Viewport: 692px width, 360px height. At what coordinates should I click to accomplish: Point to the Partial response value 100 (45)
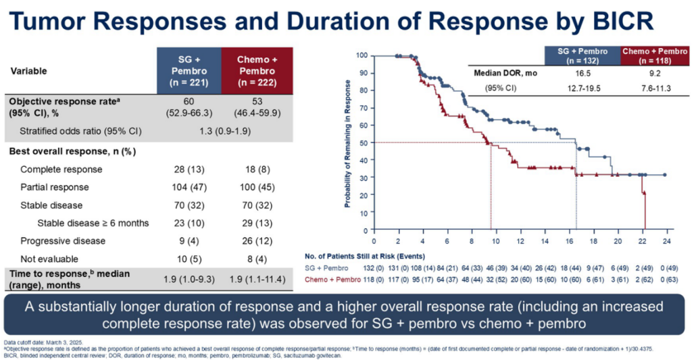(254, 187)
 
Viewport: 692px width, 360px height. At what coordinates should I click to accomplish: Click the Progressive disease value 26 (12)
(254, 241)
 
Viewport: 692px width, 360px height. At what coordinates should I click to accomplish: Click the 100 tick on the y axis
(362, 55)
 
